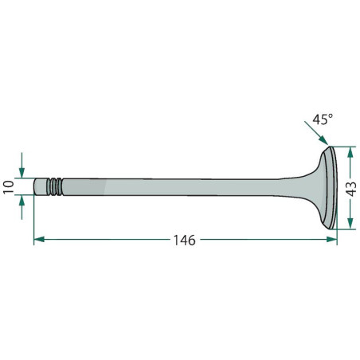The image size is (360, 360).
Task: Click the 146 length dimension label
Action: coord(185,241)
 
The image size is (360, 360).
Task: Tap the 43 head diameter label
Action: coord(352,189)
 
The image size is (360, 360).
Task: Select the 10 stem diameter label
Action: coord(9,187)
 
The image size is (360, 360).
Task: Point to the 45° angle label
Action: coord(323,119)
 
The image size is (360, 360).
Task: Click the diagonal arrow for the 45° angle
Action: coord(316,133)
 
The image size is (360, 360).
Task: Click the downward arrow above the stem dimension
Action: coord(22,165)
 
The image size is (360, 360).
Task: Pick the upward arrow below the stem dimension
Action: coord(22,207)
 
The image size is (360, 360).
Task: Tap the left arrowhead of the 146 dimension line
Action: coord(39,240)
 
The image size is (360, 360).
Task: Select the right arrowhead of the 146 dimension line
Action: coord(331,240)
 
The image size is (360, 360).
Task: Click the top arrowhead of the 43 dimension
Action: coord(350,152)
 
